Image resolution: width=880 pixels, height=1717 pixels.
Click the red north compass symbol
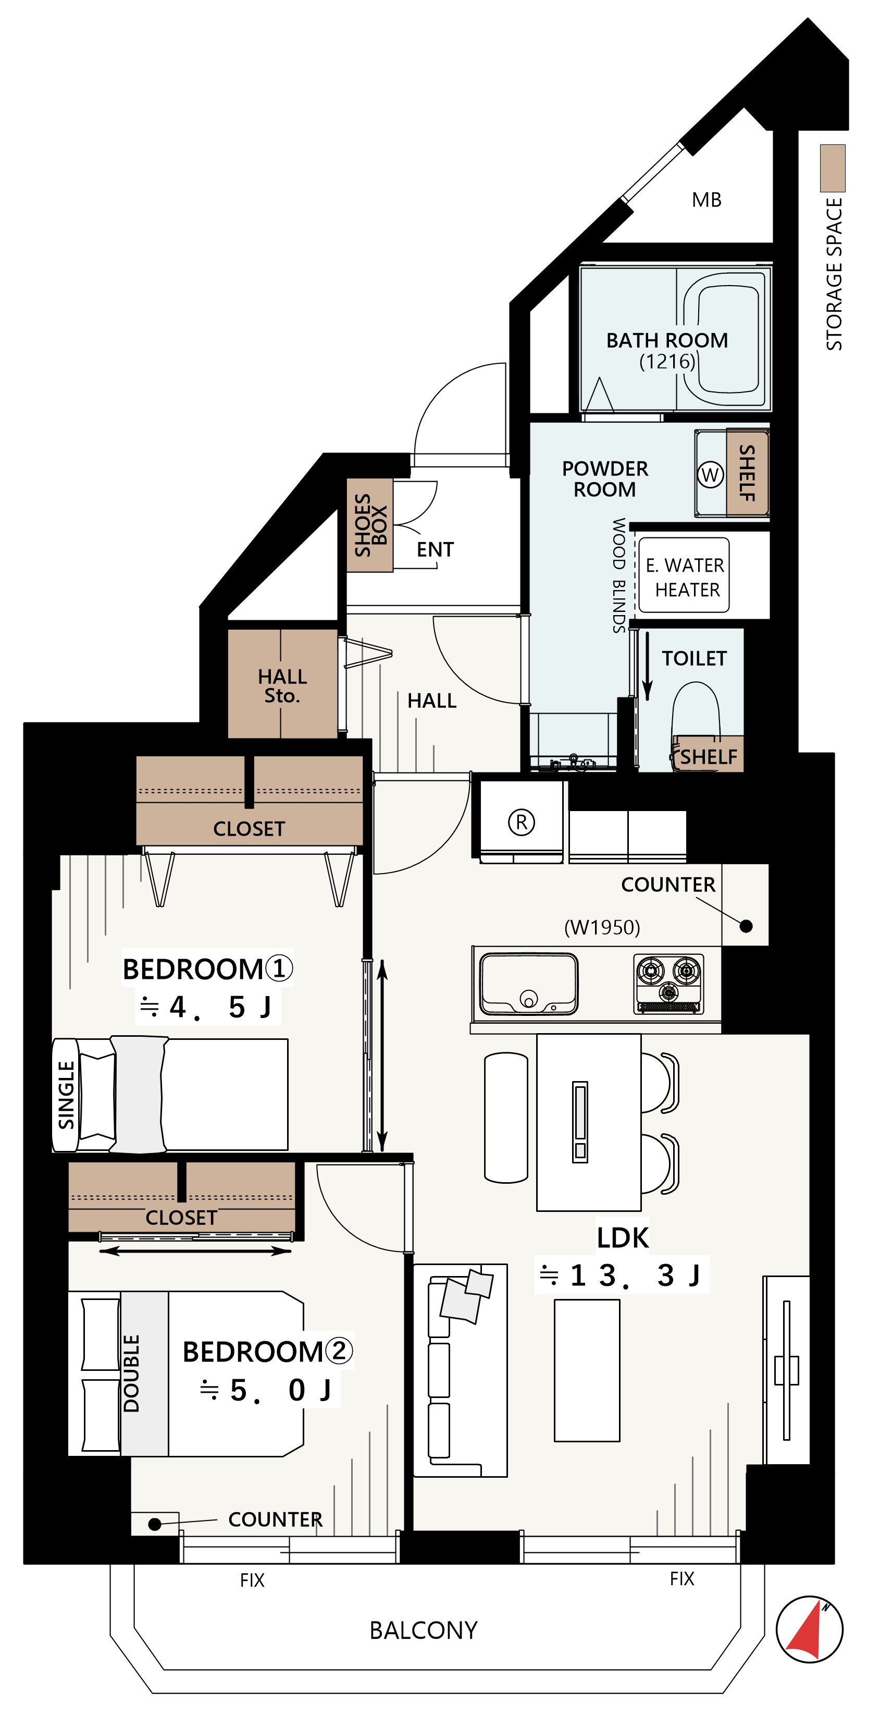click(x=809, y=1628)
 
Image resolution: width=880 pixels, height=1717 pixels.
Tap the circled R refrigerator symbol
click(x=522, y=822)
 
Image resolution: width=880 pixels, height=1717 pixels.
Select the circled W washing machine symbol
click(x=710, y=474)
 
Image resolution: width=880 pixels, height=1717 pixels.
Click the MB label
click(x=707, y=200)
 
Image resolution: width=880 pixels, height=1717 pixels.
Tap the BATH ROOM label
click(x=667, y=340)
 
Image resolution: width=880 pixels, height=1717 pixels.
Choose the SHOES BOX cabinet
click(x=370, y=525)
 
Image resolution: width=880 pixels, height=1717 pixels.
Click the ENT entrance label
click(x=435, y=550)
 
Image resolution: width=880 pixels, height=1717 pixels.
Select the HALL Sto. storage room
click(x=282, y=684)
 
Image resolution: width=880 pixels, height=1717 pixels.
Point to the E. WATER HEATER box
click(x=684, y=575)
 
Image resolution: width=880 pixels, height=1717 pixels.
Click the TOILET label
click(x=694, y=658)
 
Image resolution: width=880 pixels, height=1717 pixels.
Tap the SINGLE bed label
click(x=66, y=1095)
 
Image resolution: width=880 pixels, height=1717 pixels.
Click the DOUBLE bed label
click(x=131, y=1373)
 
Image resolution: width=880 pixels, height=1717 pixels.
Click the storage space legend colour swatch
click(x=833, y=168)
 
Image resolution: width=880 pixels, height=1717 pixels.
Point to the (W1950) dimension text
click(x=602, y=927)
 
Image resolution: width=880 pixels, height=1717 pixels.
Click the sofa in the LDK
click(x=460, y=1370)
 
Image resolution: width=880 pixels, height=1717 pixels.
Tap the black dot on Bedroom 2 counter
click(x=155, y=1524)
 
